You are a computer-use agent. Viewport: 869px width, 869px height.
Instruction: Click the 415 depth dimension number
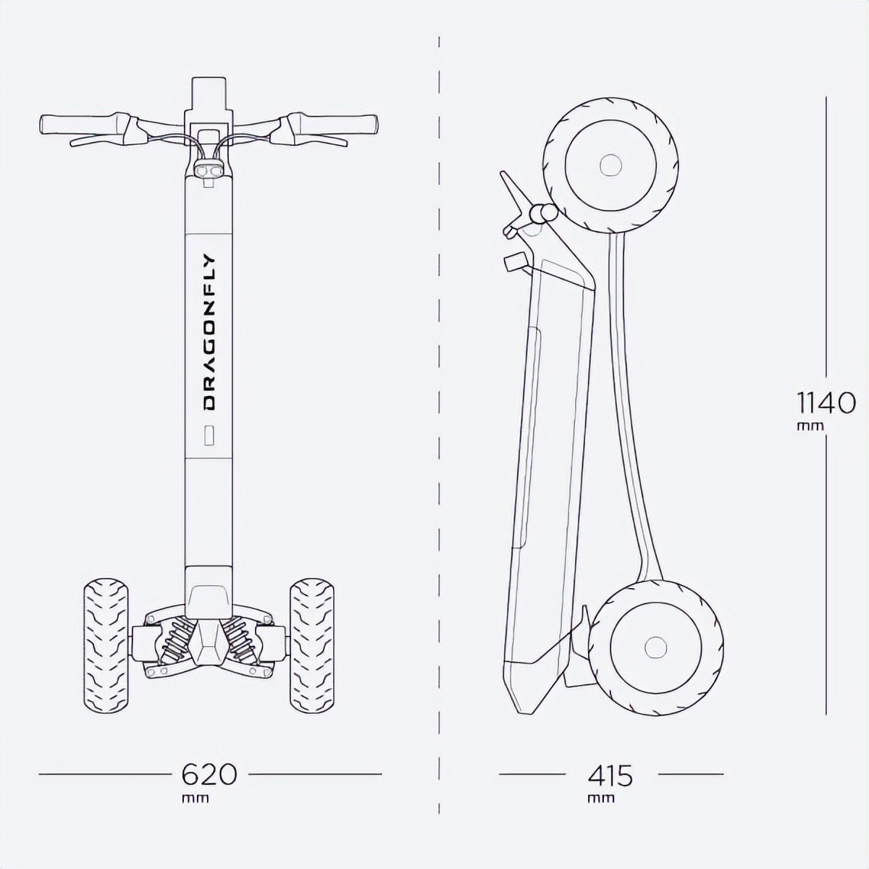[x=610, y=775]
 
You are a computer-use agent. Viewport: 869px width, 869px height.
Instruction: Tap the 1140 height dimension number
[x=826, y=403]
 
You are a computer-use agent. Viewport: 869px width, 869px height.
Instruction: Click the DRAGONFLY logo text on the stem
[x=209, y=333]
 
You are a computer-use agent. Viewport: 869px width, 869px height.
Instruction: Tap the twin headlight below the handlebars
[x=209, y=170]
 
